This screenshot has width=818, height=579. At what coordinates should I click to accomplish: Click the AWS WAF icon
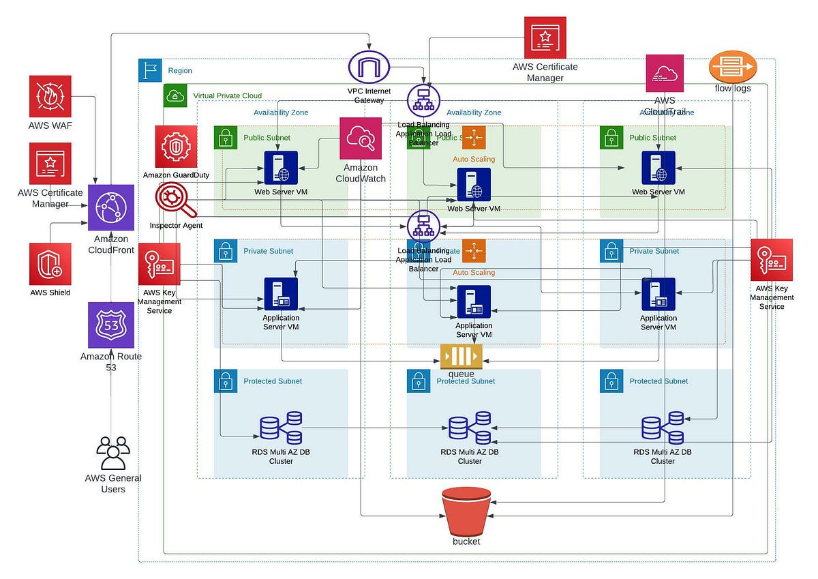click(50, 96)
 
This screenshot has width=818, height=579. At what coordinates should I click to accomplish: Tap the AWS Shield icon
click(50, 263)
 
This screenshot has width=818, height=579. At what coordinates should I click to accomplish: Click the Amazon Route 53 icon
click(110, 325)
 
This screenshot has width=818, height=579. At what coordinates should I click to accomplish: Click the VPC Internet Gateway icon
click(368, 68)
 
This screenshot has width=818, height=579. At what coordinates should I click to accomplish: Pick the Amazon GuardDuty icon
click(176, 146)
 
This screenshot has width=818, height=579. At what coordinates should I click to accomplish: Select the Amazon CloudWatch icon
click(361, 138)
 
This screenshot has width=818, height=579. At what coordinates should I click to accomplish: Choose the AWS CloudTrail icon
click(665, 74)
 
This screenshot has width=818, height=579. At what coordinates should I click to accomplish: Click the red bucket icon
click(466, 511)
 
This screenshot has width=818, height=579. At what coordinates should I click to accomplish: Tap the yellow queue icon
click(461, 357)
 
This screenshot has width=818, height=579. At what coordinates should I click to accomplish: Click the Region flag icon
click(150, 70)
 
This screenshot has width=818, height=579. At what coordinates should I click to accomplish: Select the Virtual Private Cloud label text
click(227, 95)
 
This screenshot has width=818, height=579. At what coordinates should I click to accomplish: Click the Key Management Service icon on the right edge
click(772, 259)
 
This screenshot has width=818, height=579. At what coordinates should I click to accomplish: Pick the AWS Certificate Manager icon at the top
click(545, 38)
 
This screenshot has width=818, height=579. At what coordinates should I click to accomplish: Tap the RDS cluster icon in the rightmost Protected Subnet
click(663, 428)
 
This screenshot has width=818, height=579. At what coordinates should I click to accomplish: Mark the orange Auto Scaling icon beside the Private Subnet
click(474, 250)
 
